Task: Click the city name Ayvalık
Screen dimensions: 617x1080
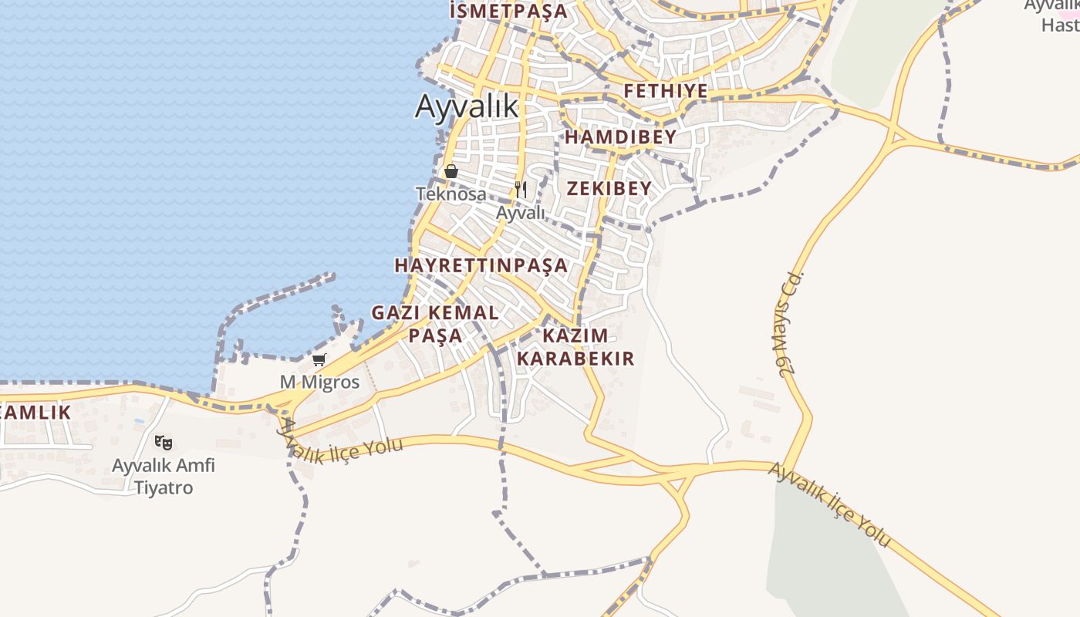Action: (x=467, y=106)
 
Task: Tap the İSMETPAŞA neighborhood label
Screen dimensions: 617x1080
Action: (x=508, y=11)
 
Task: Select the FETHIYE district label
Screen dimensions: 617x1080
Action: (x=666, y=91)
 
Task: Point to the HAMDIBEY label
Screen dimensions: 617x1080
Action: (x=620, y=137)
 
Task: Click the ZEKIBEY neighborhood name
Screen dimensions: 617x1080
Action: (x=609, y=188)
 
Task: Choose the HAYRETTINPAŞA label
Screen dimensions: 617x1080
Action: (x=481, y=265)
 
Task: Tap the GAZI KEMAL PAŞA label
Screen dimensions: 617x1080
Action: (x=435, y=324)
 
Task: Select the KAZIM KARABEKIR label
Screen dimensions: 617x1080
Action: (x=575, y=347)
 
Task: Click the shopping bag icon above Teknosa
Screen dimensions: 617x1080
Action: (x=451, y=171)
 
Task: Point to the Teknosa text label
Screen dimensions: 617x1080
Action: (x=451, y=194)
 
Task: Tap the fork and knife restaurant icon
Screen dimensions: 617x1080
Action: (x=521, y=189)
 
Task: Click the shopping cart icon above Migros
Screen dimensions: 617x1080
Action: (x=319, y=359)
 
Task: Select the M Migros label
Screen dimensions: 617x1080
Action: (x=319, y=382)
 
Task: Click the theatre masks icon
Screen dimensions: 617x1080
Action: (x=163, y=443)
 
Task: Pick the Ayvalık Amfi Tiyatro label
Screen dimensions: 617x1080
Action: (x=164, y=476)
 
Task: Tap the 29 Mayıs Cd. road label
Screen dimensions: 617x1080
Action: (x=791, y=324)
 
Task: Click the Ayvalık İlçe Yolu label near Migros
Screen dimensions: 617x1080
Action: (x=339, y=443)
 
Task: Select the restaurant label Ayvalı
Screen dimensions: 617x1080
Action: (x=521, y=212)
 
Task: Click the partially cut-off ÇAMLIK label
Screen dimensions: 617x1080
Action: (x=35, y=412)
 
